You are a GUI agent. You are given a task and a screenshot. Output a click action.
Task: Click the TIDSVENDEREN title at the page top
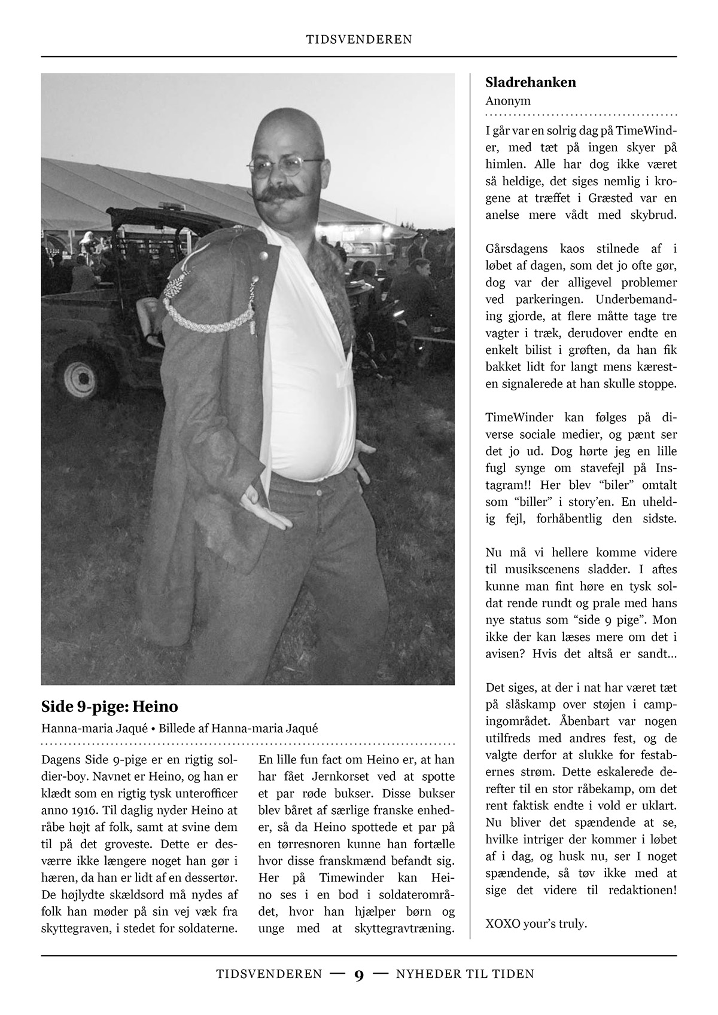tap(359, 40)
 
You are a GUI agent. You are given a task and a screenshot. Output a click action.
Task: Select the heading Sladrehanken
tap(531, 82)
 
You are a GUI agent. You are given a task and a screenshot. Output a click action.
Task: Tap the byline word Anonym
tap(508, 101)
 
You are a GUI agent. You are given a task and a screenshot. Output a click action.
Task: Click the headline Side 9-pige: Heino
tap(109, 707)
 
